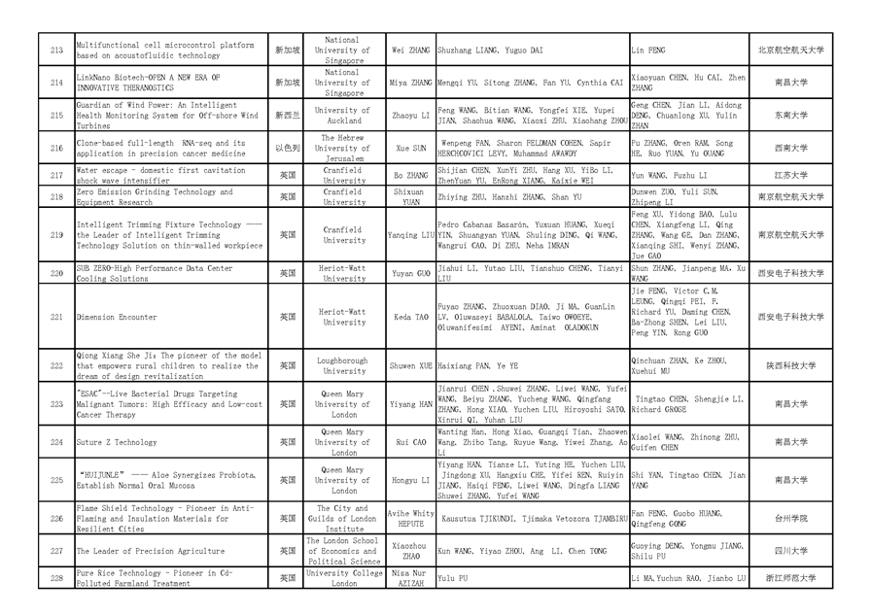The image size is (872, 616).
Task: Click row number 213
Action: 56,50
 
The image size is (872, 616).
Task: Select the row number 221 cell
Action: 56,317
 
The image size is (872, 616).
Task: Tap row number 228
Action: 56,578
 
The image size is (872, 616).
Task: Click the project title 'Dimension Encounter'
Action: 116,317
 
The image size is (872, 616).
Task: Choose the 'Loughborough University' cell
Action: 344,365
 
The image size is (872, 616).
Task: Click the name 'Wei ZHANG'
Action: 410,50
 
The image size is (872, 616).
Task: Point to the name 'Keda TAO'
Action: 410,317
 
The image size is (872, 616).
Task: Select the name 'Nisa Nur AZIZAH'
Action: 410,578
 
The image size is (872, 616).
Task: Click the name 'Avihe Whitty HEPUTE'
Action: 410,518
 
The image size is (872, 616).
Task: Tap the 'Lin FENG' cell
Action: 649,50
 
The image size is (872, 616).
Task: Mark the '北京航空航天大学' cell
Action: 790,50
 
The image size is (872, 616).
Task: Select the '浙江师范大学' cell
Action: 790,578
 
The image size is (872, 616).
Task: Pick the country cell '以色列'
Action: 287,148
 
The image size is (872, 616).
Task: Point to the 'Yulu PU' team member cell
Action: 453,578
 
